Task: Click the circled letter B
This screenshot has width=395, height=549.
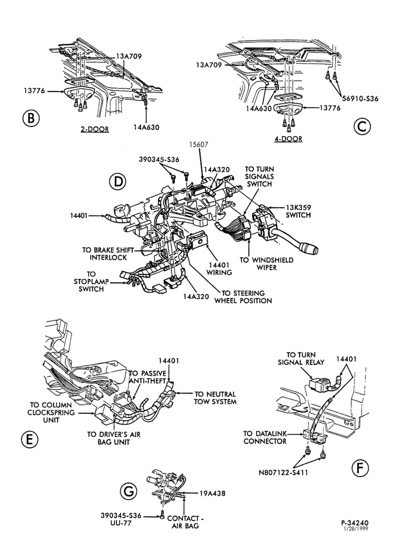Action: (31, 118)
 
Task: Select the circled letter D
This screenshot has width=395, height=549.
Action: (117, 181)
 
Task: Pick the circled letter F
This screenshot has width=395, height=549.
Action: (360, 468)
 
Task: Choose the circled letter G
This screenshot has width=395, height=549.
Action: (128, 491)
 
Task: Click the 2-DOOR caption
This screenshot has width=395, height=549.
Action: (94, 129)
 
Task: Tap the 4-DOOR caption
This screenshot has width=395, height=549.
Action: (288, 139)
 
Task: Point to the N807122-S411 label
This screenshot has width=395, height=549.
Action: (284, 473)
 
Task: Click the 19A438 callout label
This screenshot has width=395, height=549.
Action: (212, 494)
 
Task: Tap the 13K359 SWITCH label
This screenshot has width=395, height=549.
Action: (298, 211)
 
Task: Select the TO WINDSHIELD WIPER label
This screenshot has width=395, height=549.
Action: (266, 264)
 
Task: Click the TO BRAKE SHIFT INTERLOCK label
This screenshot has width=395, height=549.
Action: (108, 254)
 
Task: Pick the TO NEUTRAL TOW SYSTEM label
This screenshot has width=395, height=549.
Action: (215, 397)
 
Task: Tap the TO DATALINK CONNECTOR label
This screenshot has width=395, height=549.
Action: (265, 438)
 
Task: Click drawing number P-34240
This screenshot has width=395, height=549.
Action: (355, 523)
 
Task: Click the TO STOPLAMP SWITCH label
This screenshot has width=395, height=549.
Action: (91, 282)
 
